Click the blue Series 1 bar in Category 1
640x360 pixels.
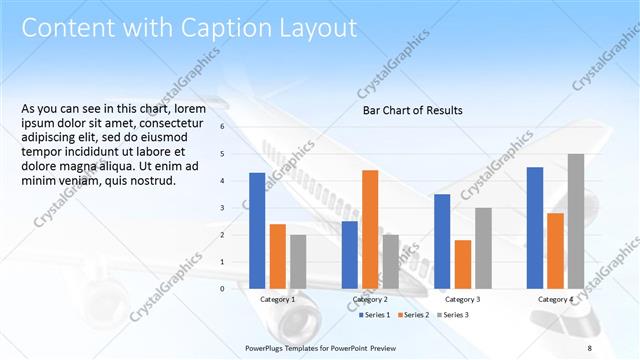tap(257, 230)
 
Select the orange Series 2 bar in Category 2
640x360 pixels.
tap(370, 229)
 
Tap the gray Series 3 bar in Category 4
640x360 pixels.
tap(576, 221)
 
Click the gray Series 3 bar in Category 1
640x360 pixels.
tap(298, 261)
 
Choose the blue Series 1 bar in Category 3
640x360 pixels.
tap(442, 241)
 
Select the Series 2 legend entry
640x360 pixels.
tap(415, 315)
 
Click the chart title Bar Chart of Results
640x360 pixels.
tap(412, 110)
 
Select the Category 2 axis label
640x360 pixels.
tap(370, 299)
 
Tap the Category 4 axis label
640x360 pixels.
tap(555, 299)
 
